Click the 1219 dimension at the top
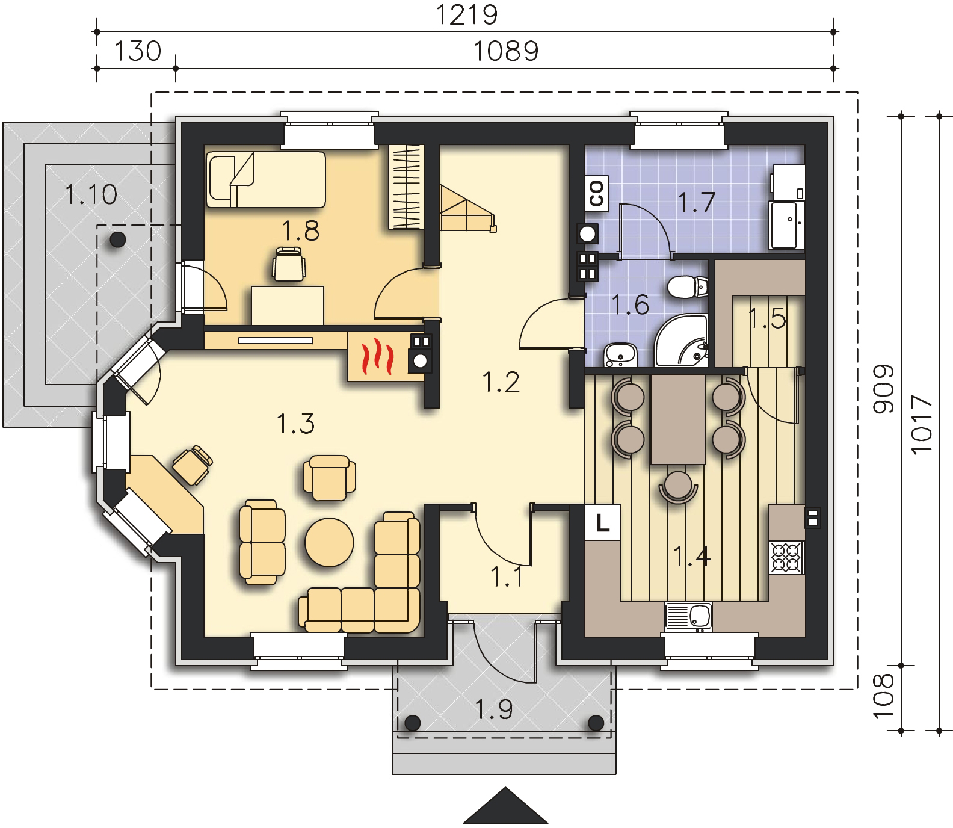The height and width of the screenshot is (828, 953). click(466, 15)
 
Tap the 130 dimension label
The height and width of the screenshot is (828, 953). click(138, 51)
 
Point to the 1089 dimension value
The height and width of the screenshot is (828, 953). click(505, 51)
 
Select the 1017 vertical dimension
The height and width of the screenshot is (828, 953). click(922, 423)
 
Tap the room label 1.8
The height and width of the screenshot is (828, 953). click(300, 230)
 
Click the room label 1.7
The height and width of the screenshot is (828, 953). click(696, 201)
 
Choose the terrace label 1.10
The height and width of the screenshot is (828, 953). click(90, 195)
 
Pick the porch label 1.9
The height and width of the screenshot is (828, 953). click(494, 709)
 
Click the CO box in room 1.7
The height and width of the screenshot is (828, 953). click(597, 192)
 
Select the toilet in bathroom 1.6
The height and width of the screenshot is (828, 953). click(688, 287)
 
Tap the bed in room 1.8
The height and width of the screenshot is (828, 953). click(266, 179)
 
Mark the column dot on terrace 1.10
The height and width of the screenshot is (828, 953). click(117, 240)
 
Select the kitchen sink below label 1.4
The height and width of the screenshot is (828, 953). click(688, 617)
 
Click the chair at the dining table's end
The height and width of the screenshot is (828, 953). click(678, 486)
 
